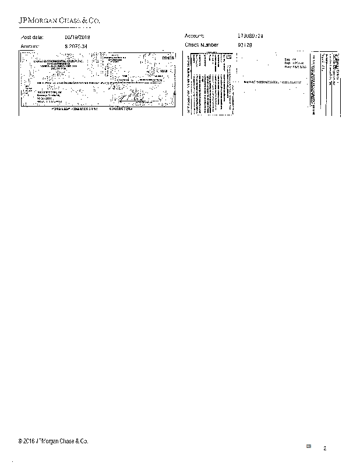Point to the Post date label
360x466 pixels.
click(x=33, y=37)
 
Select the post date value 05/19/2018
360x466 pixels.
click(x=77, y=37)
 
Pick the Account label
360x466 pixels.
click(x=195, y=36)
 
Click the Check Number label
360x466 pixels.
click(x=202, y=45)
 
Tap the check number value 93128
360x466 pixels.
click(x=245, y=45)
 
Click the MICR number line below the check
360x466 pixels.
click(x=96, y=109)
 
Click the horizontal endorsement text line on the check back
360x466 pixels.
click(x=274, y=82)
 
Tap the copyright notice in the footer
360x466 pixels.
click(x=54, y=441)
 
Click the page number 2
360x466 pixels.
click(x=325, y=448)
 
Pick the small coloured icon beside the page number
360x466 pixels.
click(x=309, y=446)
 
